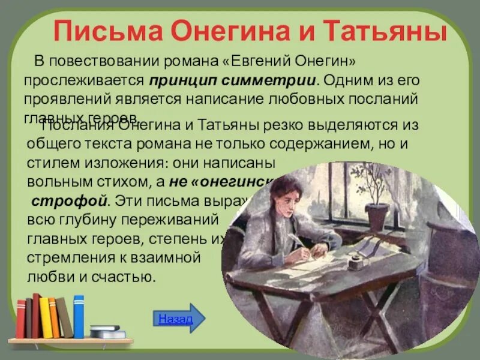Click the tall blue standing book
tap(79, 316)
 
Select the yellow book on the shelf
tap(46, 317)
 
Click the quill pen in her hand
tap(295, 240)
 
